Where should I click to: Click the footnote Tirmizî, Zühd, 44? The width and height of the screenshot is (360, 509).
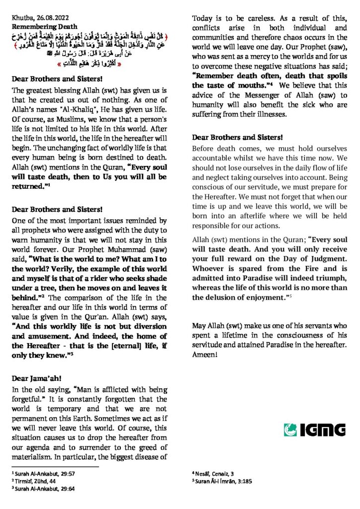tap(36, 482)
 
